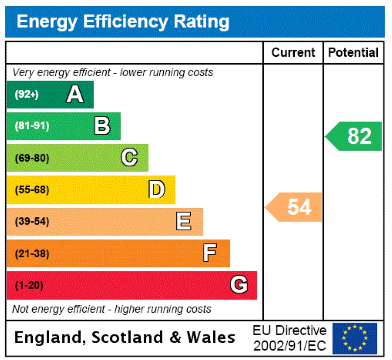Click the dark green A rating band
click(50, 94)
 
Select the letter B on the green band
click(102, 126)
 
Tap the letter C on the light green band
click(129, 158)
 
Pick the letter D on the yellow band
click(157, 190)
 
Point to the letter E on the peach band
click(184, 221)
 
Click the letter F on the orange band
click(210, 253)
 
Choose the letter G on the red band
click(239, 285)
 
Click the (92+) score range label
click(27, 94)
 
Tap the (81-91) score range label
click(32, 126)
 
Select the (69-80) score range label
click(32, 158)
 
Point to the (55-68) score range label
click(32, 190)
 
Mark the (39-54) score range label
click(32, 221)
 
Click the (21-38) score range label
click(32, 254)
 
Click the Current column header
click(293, 53)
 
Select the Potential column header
click(354, 53)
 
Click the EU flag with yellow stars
click(355, 338)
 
